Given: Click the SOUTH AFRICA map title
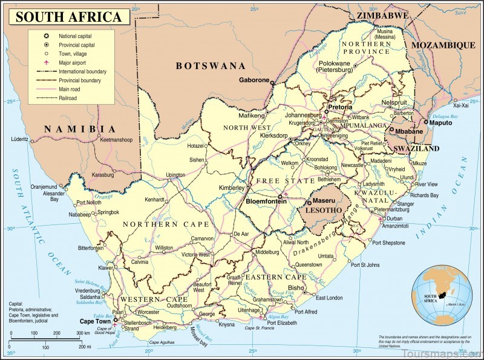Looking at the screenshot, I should [68, 16].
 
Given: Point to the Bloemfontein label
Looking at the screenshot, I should [266, 201].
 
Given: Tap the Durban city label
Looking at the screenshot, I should [394, 218].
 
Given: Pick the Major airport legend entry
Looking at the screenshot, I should [75, 62].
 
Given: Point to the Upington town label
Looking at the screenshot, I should [175, 175].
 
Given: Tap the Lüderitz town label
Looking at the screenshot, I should [19, 139].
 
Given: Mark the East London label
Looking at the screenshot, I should [330, 298].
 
